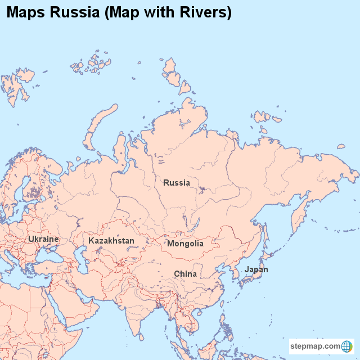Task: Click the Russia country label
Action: pyautogui.click(x=177, y=183)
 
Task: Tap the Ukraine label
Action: pyautogui.click(x=43, y=239)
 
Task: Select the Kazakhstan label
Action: pyautogui.click(x=111, y=241)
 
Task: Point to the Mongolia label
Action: pyautogui.click(x=185, y=244)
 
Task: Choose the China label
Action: pyautogui.click(x=185, y=274)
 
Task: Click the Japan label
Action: pyautogui.click(x=256, y=269)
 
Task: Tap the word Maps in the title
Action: pyautogui.click(x=26, y=12)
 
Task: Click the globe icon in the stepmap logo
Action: pyautogui.click(x=347, y=346)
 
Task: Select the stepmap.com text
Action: pyautogui.click(x=316, y=346)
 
